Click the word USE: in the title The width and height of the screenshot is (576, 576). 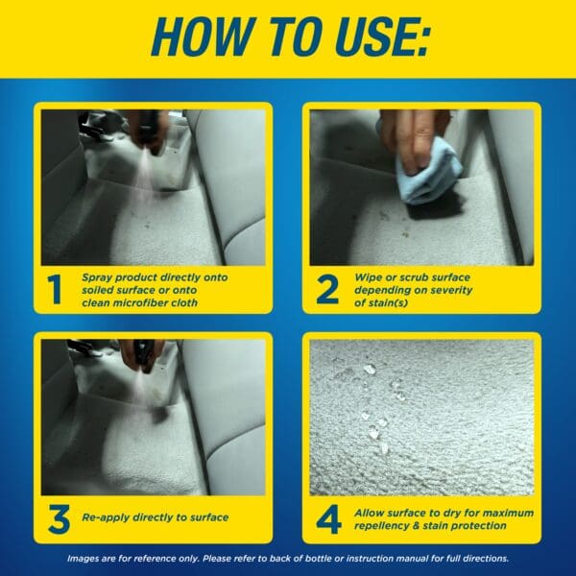[x=374, y=38]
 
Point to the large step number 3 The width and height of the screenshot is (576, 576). [x=57, y=519]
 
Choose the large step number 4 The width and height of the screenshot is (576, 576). [x=328, y=519]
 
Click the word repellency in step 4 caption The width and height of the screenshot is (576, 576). [x=385, y=525]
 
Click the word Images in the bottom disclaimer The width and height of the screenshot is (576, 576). [x=87, y=558]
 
